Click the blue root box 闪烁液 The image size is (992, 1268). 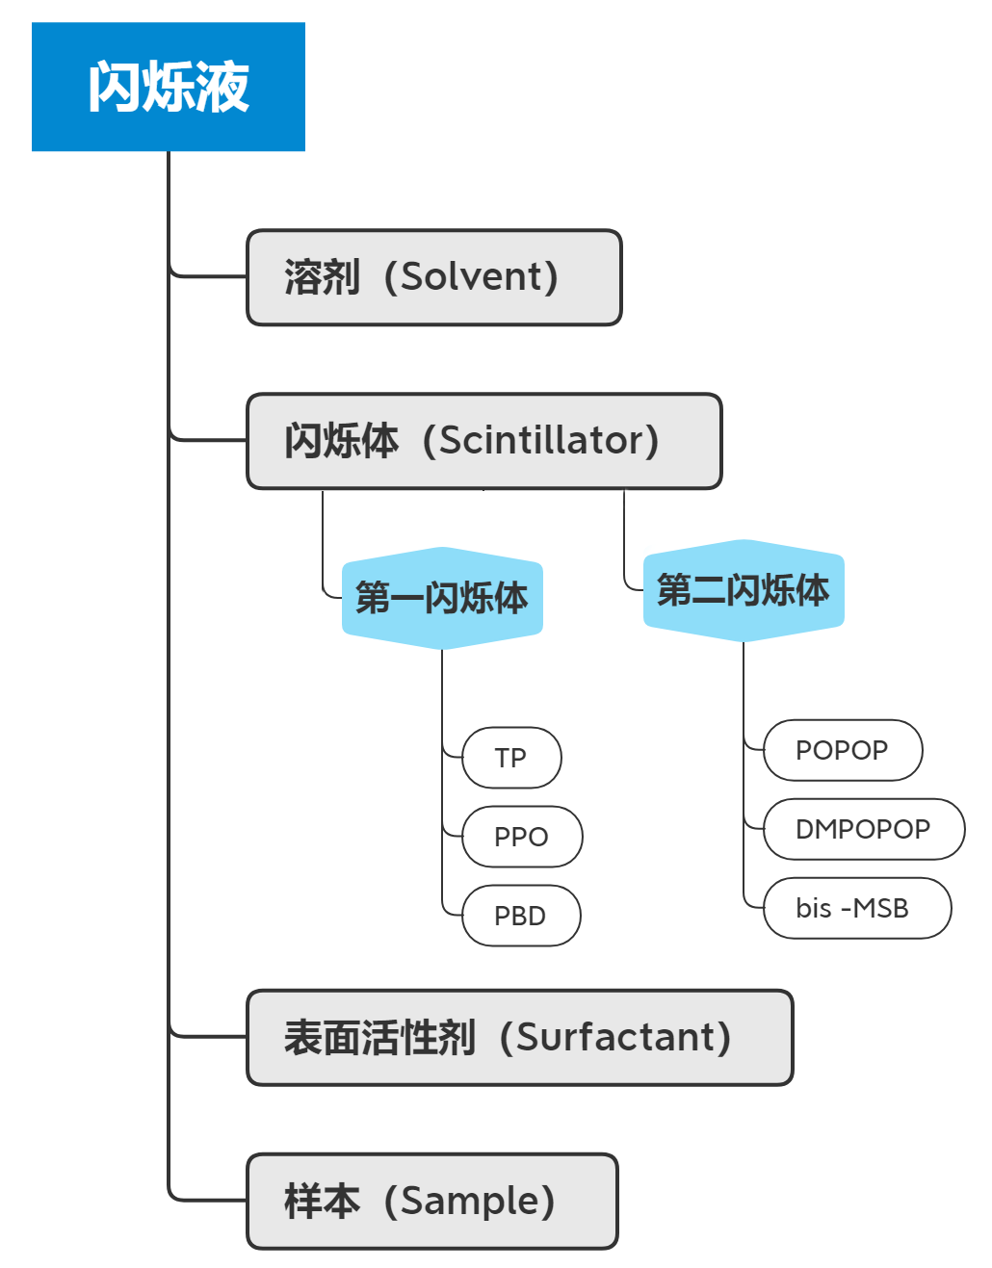coord(169,87)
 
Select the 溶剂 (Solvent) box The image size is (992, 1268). coord(434,277)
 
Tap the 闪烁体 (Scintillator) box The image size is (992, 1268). coord(483,441)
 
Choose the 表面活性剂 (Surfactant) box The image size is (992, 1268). coord(519,1038)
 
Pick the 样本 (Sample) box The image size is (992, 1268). coord(431,1202)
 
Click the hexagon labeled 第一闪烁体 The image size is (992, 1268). coord(442,598)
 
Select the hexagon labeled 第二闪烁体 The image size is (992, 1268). coord(744,590)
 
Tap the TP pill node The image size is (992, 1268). coord(511,758)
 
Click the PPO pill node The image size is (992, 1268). coord(522,837)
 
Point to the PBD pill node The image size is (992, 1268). coord(521,916)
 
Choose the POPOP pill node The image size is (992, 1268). coord(843,750)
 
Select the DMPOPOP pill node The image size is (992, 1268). coord(864,829)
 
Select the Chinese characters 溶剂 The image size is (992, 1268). coord(322,277)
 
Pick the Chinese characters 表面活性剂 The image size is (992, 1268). coord(379,1038)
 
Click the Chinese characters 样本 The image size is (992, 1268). coord(322,1202)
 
